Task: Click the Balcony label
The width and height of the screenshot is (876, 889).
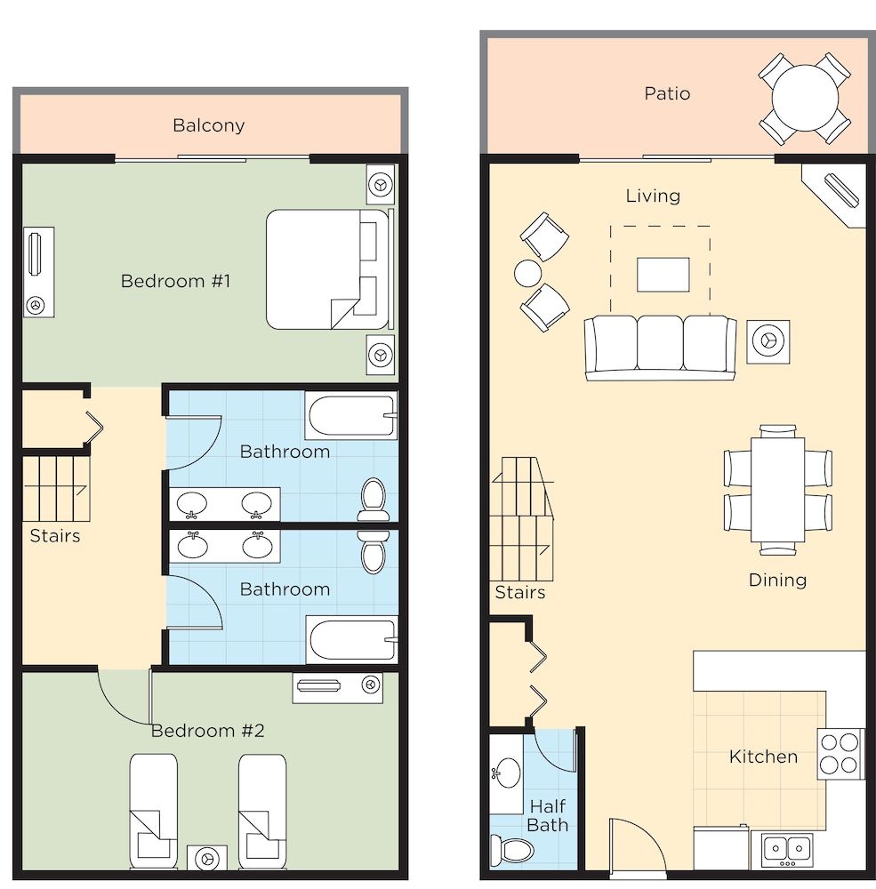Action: pos(208,125)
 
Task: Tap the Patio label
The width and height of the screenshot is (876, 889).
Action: pos(667,93)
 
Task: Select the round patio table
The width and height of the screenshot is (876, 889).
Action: pos(805,98)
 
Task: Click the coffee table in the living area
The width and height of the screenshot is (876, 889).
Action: pos(663,275)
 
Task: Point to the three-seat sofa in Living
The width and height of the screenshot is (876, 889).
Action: pos(660,348)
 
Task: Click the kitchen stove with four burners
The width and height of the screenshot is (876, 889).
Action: pos(840,754)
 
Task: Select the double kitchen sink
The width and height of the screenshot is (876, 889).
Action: pos(787,849)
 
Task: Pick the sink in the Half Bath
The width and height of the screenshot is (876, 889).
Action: pos(507,773)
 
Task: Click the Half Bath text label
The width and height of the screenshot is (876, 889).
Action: pos(548,815)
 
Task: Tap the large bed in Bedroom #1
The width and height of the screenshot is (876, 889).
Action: pos(329,269)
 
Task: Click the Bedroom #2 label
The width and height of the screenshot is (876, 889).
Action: pos(207,730)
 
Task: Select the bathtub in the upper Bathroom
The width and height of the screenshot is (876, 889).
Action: pos(351,415)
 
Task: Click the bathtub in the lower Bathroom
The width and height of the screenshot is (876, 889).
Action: pos(352,639)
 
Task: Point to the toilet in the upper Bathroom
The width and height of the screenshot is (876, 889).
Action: pos(374,500)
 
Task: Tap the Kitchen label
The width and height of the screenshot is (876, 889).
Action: pos(763,757)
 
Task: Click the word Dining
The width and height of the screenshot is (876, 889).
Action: pos(777,580)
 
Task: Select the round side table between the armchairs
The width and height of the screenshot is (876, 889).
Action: pos(527,273)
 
